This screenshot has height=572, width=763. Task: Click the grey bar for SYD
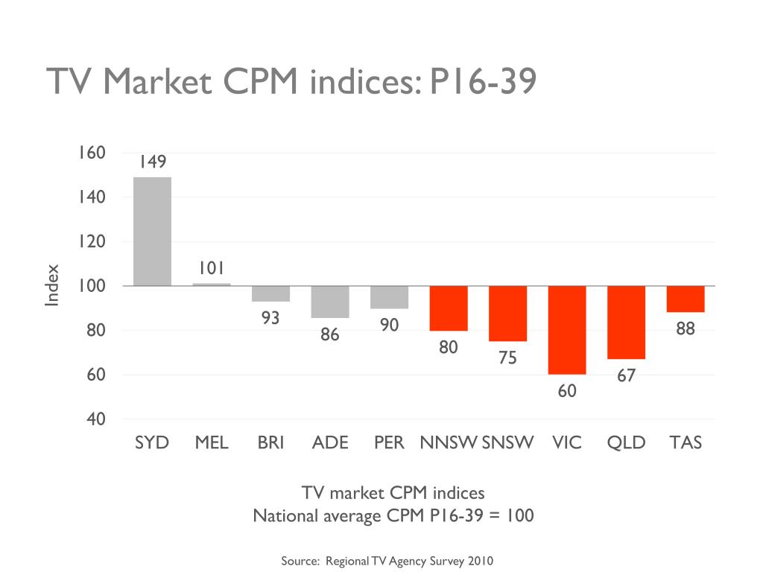tap(152, 231)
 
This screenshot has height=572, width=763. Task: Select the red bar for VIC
tap(567, 330)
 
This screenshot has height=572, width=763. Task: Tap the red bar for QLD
tap(626, 322)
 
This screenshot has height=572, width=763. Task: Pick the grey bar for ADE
tap(330, 302)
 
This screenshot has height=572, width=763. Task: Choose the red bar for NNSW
tap(449, 308)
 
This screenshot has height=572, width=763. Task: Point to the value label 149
tap(152, 162)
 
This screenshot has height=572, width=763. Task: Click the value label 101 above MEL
tap(212, 268)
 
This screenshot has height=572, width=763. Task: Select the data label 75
tap(507, 358)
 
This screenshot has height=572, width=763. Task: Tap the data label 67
tap(626, 376)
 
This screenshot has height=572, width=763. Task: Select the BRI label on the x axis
tap(270, 443)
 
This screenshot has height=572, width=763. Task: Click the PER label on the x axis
tap(389, 443)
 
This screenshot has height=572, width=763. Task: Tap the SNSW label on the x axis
tap(508, 443)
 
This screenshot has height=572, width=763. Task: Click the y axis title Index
tap(52, 285)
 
